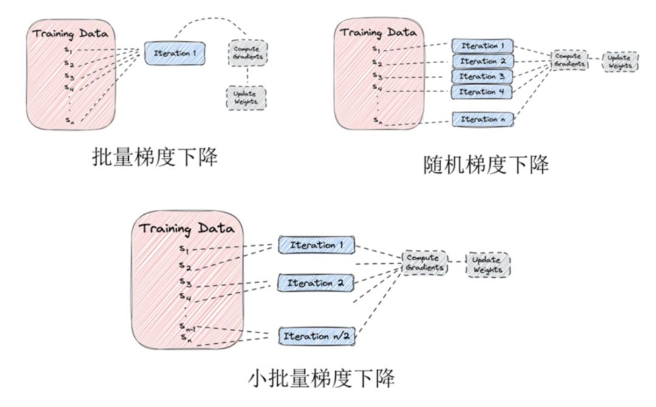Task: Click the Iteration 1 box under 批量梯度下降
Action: tap(174, 53)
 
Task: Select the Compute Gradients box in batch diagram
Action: tap(248, 53)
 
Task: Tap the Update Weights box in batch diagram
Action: tap(245, 97)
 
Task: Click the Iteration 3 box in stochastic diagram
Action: tap(483, 77)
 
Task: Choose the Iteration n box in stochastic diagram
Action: tap(483, 119)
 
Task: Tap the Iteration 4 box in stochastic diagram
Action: tap(483, 92)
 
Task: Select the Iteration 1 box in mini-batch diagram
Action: tap(316, 246)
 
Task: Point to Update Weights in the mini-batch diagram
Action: tap(488, 265)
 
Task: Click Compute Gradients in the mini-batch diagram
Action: tap(423, 263)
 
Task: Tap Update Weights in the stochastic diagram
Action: tap(620, 61)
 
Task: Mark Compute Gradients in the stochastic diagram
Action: tap(570, 60)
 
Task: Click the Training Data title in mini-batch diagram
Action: tap(186, 229)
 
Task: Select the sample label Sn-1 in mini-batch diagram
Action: tap(186, 327)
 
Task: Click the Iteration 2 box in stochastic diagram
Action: tap(483, 61)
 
